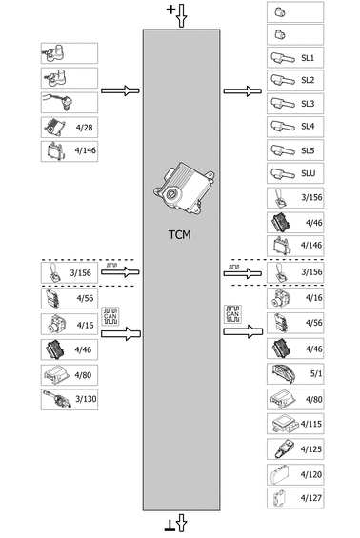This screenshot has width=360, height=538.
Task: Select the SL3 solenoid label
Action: [x=307, y=104]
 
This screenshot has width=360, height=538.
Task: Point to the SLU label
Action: [x=308, y=172]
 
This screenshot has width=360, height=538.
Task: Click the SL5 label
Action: [x=307, y=149]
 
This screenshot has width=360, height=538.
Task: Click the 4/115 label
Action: [x=310, y=424]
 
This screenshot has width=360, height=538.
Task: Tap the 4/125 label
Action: [x=310, y=448]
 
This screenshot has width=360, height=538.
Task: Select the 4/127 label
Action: [x=310, y=497]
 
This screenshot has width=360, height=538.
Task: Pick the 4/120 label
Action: [x=310, y=473]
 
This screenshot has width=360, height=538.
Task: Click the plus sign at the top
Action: [x=171, y=10]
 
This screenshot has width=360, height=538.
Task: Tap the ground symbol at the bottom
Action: [x=171, y=527]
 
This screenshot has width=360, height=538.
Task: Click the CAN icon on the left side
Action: [x=110, y=316]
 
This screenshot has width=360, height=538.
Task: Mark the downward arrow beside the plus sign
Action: [x=183, y=14]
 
